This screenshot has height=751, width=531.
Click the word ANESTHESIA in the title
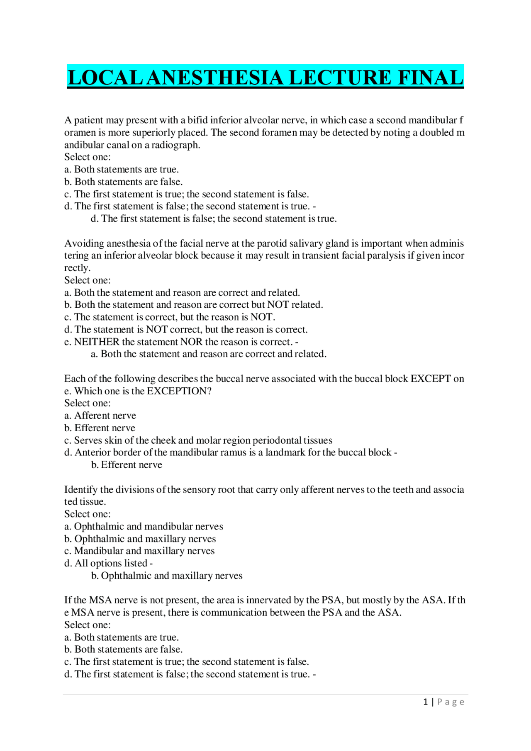[217, 78]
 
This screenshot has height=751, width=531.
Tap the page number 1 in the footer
[425, 702]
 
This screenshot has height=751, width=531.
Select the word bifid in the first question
[197, 120]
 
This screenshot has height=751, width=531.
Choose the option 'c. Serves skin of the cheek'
[198, 440]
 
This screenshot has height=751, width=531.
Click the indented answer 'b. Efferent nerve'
[127, 465]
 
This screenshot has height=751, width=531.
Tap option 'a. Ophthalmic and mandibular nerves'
[144, 526]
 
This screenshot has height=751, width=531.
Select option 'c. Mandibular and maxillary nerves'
[139, 551]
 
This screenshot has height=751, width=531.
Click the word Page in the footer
[451, 702]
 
